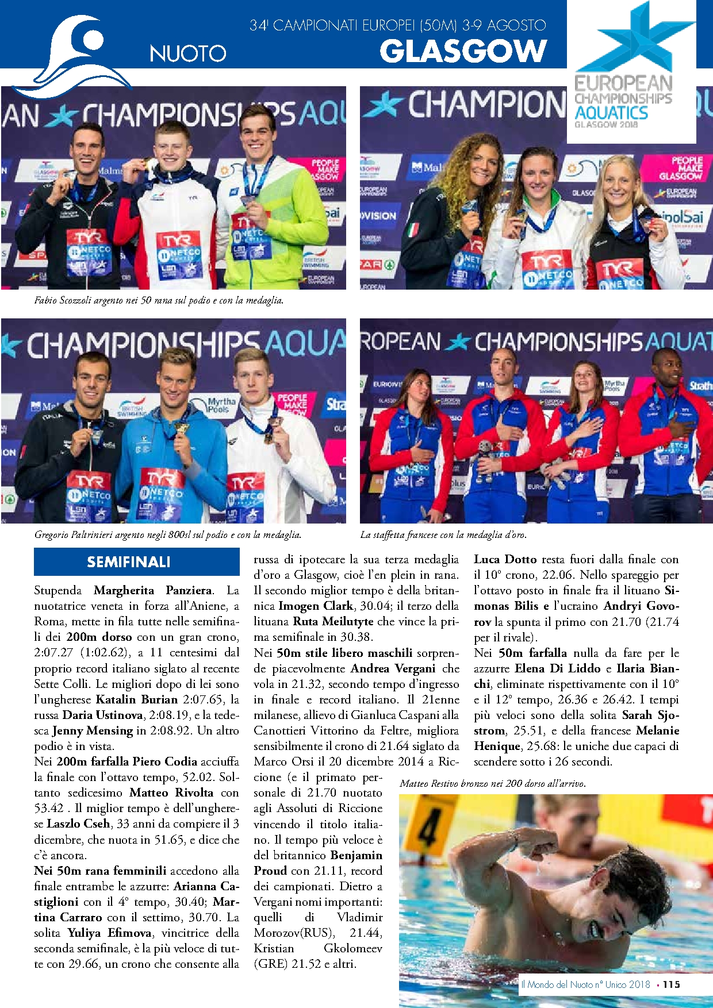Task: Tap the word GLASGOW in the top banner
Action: pyautogui.click(x=463, y=52)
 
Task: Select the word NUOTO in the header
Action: pyautogui.click(x=188, y=53)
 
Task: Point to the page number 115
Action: pyautogui.click(x=671, y=984)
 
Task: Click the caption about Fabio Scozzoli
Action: pyautogui.click(x=159, y=300)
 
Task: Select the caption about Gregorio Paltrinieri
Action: pyautogui.click(x=167, y=534)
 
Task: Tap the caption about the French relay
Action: pyautogui.click(x=443, y=534)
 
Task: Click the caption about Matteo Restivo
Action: pyautogui.click(x=493, y=783)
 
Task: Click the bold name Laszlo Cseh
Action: pyautogui.click(x=79, y=824)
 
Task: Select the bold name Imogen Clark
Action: pyautogui.click(x=316, y=606)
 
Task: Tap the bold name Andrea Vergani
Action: pyautogui.click(x=393, y=668)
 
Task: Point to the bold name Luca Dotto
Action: pyautogui.click(x=505, y=559)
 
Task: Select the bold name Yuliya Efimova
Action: pyautogui.click(x=110, y=933)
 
